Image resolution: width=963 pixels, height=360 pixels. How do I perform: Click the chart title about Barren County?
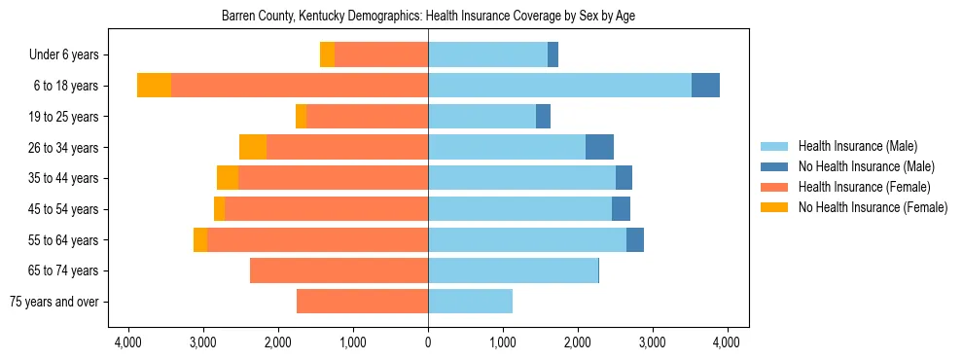[x=428, y=17]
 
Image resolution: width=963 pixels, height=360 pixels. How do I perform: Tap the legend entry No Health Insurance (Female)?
[x=873, y=207]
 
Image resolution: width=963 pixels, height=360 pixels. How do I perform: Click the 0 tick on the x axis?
[x=428, y=342]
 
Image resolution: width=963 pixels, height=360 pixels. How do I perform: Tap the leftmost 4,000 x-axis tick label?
[x=128, y=342]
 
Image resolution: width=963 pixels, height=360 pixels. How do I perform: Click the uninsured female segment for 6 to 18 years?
[x=154, y=86]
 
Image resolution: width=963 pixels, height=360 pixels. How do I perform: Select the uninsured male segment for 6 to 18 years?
[x=705, y=86]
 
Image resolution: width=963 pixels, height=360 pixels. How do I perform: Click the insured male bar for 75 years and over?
[x=470, y=302]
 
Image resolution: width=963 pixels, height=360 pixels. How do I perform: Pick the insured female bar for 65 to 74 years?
[x=339, y=270]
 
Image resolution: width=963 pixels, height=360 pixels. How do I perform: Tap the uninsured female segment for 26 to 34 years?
[x=253, y=147]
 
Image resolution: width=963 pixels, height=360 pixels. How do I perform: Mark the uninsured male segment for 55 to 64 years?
[x=635, y=239]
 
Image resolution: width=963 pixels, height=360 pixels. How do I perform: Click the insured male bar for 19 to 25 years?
[x=481, y=117]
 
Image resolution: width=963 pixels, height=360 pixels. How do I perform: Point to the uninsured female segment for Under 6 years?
[x=327, y=55]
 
